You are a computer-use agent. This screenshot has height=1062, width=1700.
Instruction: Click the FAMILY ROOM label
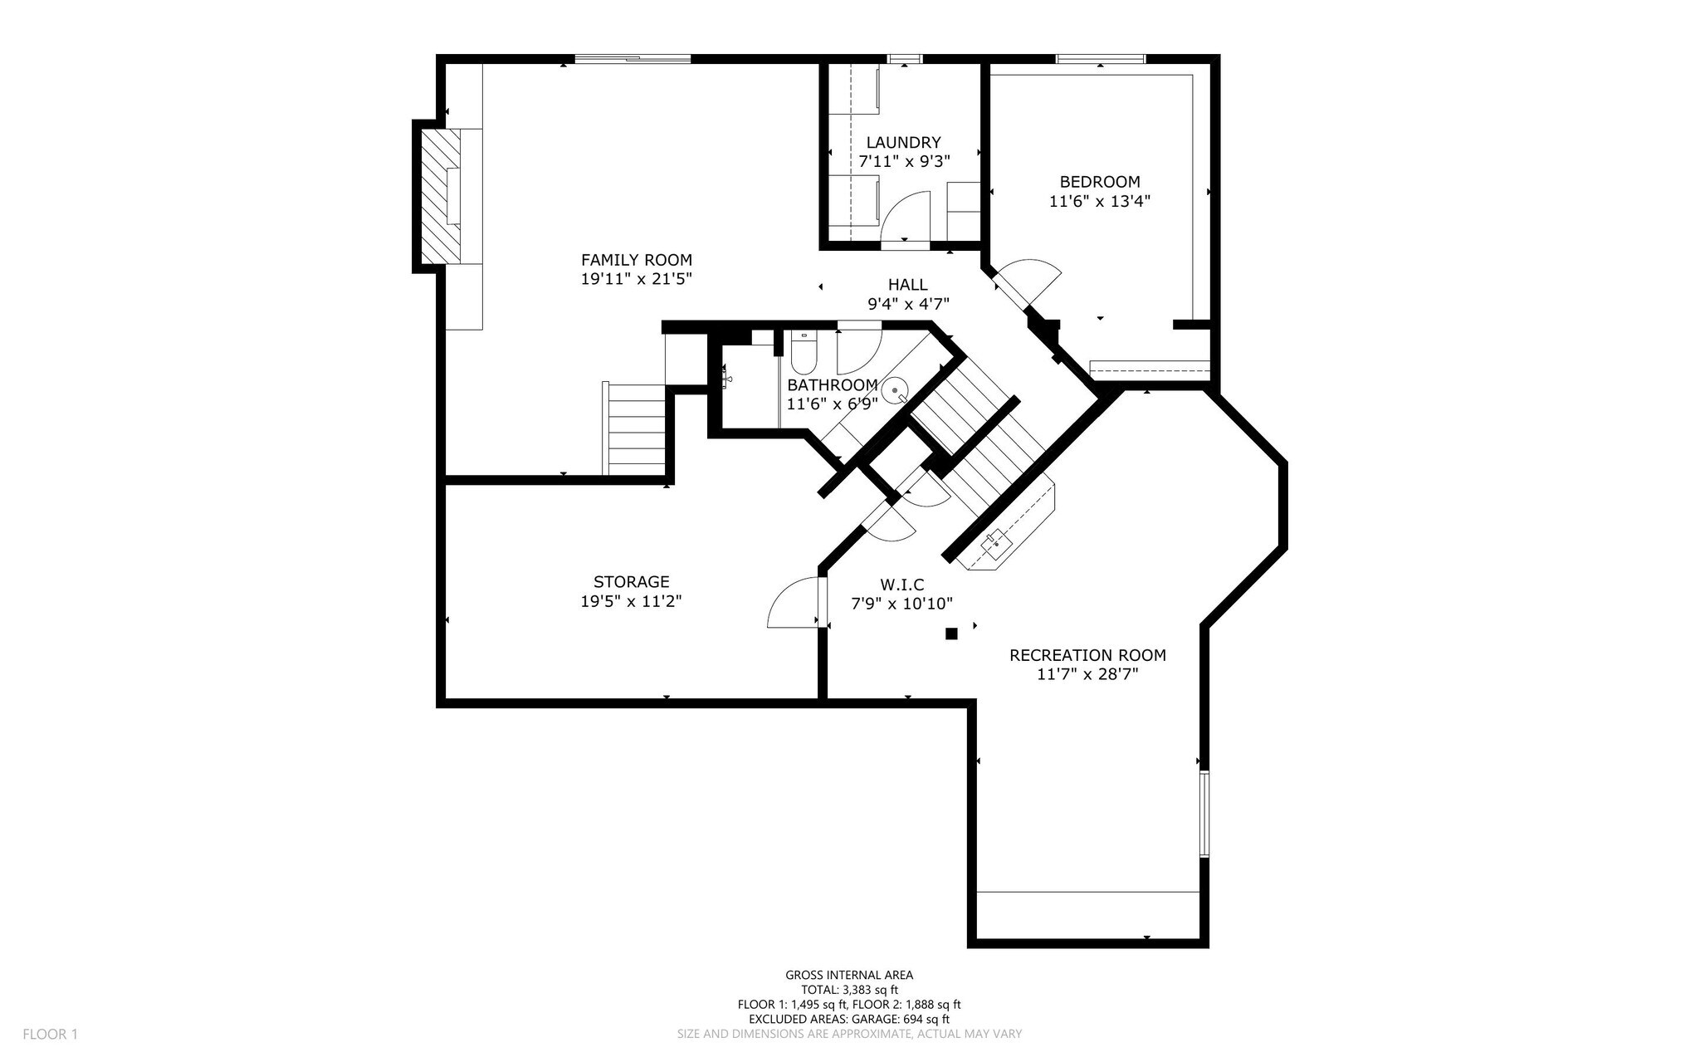pos(636,260)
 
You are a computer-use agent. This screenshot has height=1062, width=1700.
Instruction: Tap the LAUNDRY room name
pos(903,142)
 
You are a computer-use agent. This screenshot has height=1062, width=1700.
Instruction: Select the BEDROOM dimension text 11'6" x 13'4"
pos(1100,201)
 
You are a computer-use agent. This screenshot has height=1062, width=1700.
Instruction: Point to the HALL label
pos(908,285)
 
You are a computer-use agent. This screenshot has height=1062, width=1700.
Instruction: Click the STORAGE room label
pos(631,582)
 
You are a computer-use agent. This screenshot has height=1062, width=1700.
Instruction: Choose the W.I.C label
pos(901,585)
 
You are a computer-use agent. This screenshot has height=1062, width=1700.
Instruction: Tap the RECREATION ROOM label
pos(1087,655)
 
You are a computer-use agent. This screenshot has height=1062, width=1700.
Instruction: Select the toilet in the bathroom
pos(803,352)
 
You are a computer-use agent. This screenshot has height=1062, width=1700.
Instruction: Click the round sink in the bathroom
pos(895,389)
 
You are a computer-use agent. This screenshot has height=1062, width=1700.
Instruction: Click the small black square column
pos(951,634)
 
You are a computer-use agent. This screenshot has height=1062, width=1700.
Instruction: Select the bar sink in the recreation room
pos(996,544)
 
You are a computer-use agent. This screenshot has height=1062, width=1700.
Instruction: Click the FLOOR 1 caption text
pos(50,1034)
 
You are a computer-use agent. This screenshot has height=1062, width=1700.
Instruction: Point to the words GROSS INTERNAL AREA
pos(849,975)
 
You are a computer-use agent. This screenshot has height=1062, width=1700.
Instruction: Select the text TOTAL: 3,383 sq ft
pos(849,990)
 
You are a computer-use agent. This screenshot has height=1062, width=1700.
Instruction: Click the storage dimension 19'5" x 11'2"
pos(631,601)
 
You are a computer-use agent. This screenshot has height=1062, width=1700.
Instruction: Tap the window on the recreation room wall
pos(1204,814)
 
